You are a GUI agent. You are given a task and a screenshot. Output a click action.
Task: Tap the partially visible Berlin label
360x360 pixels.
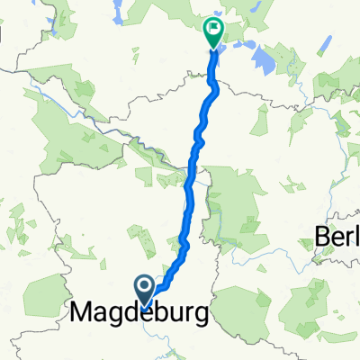(x=338, y=237)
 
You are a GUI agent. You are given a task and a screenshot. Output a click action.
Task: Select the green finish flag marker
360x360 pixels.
(x=213, y=33)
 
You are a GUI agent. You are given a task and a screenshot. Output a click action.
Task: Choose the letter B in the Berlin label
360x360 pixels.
(x=323, y=237)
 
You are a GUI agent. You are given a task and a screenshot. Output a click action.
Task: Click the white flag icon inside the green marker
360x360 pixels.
(x=213, y=29)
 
